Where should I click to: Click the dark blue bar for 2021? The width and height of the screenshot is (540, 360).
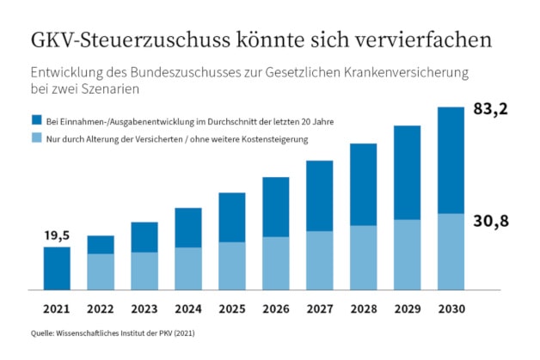pyautogui.click(x=57, y=268)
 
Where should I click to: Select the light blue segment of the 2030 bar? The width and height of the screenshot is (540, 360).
pyautogui.click(x=452, y=252)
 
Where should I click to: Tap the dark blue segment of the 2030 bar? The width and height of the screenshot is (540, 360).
pyautogui.click(x=452, y=160)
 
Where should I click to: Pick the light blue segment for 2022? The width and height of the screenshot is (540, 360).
pyautogui.click(x=101, y=272)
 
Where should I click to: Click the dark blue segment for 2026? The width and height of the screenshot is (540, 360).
pyautogui.click(x=276, y=206)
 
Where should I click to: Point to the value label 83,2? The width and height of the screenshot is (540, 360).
pyautogui.click(x=490, y=109)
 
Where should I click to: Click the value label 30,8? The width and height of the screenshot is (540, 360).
pyautogui.click(x=490, y=222)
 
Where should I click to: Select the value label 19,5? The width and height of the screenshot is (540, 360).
pyautogui.click(x=57, y=235)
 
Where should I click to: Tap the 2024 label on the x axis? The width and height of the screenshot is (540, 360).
pyautogui.click(x=188, y=308)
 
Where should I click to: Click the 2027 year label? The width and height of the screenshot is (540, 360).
pyautogui.click(x=320, y=308)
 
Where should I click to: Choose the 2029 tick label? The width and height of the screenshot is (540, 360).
pyautogui.click(x=408, y=308)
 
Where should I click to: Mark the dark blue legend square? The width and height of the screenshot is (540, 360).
pyautogui.click(x=35, y=120)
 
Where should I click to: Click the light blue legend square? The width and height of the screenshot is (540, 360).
pyautogui.click(x=35, y=138)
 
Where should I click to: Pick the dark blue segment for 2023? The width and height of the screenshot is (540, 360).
pyautogui.click(x=144, y=236)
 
